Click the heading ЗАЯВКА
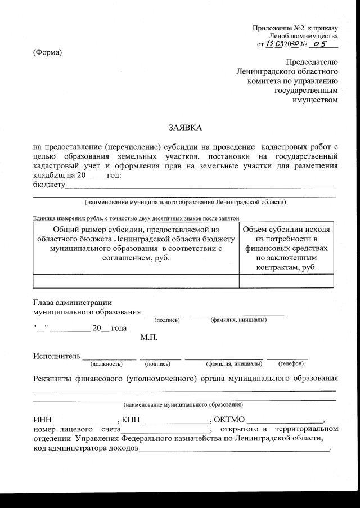click(x=185, y=128)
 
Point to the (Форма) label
click(x=48, y=53)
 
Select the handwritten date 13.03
click(x=277, y=43)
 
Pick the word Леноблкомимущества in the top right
click(x=303, y=35)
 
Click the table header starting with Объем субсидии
click(x=286, y=248)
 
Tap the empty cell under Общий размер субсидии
click(x=135, y=280)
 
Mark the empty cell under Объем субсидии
click(x=286, y=280)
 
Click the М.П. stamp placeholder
click(x=148, y=338)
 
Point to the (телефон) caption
click(x=287, y=364)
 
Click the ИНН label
click(x=42, y=420)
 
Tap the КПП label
click(x=130, y=420)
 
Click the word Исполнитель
click(x=56, y=356)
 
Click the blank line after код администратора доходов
click(x=233, y=449)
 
